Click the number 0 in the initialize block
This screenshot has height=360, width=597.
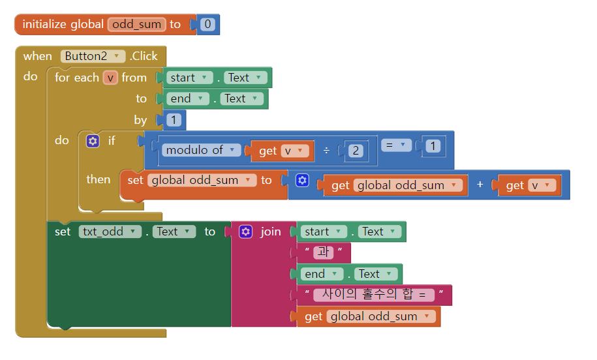(207, 25)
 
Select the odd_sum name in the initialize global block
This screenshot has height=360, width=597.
(137, 25)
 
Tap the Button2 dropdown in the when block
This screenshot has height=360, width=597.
(93, 56)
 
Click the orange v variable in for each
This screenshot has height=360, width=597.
(110, 78)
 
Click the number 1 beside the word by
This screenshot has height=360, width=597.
(174, 119)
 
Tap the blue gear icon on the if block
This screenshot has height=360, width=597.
(93, 140)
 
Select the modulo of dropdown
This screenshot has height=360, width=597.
(200, 150)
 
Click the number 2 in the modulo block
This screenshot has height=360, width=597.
(356, 151)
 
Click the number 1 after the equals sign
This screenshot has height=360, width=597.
(432, 146)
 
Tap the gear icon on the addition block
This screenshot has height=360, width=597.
(302, 180)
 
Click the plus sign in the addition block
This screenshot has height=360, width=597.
(480, 185)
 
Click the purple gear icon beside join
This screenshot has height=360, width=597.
(245, 232)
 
